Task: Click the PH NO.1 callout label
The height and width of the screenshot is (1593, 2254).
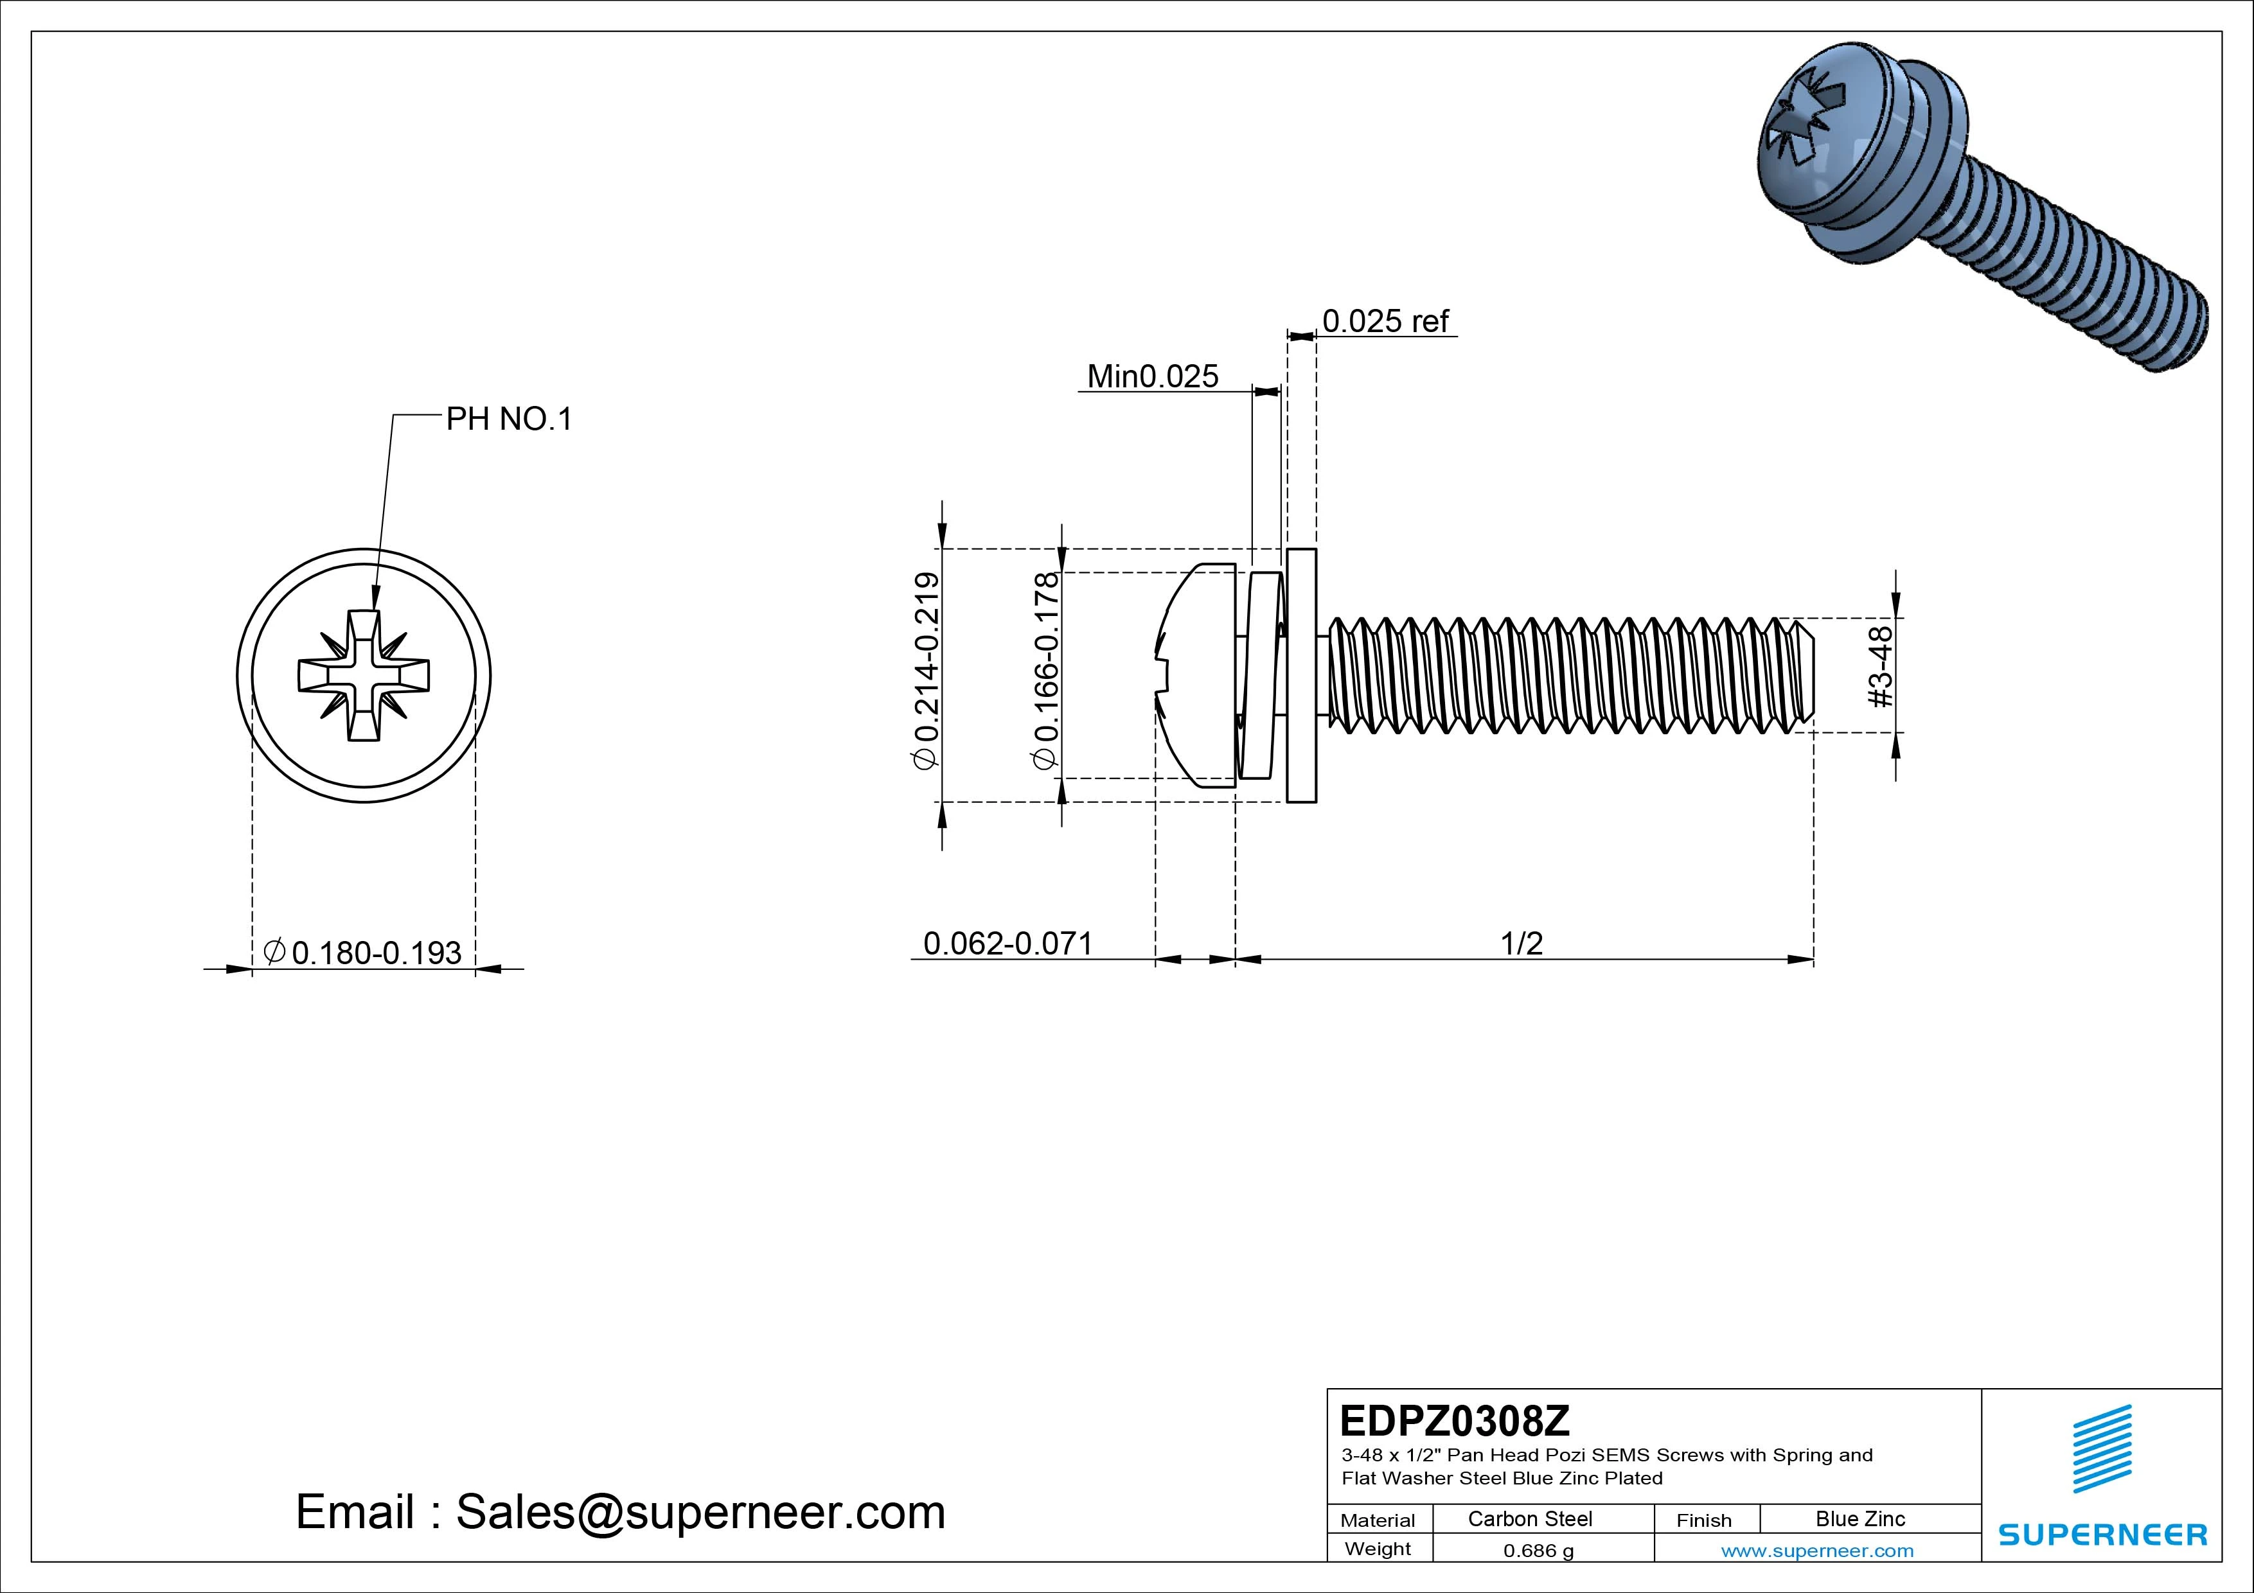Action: [x=508, y=420]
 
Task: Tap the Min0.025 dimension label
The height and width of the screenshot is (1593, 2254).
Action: [x=1153, y=377]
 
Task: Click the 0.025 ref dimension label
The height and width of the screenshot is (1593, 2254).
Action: [x=1385, y=322]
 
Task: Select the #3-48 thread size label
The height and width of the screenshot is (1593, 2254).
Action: [x=1879, y=669]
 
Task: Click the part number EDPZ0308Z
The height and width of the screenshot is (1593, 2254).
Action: [x=1454, y=1420]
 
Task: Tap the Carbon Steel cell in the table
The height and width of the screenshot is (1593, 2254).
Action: [x=1529, y=1518]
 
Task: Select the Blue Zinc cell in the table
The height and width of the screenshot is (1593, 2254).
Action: [x=1859, y=1518]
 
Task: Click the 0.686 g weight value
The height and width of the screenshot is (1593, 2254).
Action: [x=1538, y=1551]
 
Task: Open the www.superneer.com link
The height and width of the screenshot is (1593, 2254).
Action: [x=1817, y=1551]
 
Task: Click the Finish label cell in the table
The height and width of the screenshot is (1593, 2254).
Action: [x=1703, y=1519]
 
